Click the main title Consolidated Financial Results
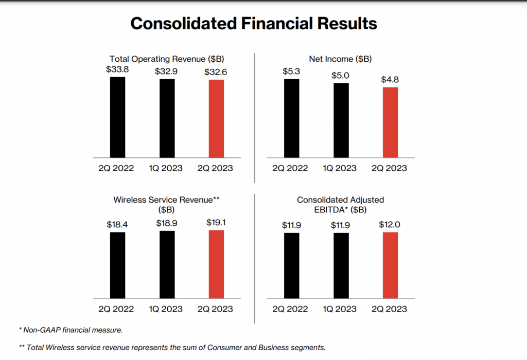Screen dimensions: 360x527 [x=253, y=24]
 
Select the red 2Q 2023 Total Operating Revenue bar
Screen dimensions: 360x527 [x=216, y=118]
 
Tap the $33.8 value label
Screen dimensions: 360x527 [x=117, y=69]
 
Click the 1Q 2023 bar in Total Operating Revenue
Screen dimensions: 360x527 [x=167, y=118]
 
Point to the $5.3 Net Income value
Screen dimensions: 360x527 [x=291, y=71]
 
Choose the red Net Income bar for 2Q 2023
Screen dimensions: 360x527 [x=390, y=122]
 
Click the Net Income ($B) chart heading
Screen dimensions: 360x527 [x=340, y=59]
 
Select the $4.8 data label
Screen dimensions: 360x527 [x=390, y=80]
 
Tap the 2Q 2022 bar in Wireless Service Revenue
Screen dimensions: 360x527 [x=117, y=265]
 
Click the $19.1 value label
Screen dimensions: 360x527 [x=216, y=223]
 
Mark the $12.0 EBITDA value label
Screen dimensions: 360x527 [x=390, y=225]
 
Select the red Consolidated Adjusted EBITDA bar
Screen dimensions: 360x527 [x=390, y=265]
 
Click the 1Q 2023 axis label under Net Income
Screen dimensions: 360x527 [x=340, y=168]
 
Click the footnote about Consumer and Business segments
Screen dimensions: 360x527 [x=172, y=347]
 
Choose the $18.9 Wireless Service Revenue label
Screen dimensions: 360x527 [x=167, y=223]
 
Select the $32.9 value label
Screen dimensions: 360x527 [x=167, y=71]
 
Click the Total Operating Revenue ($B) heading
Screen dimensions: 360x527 [x=167, y=59]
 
